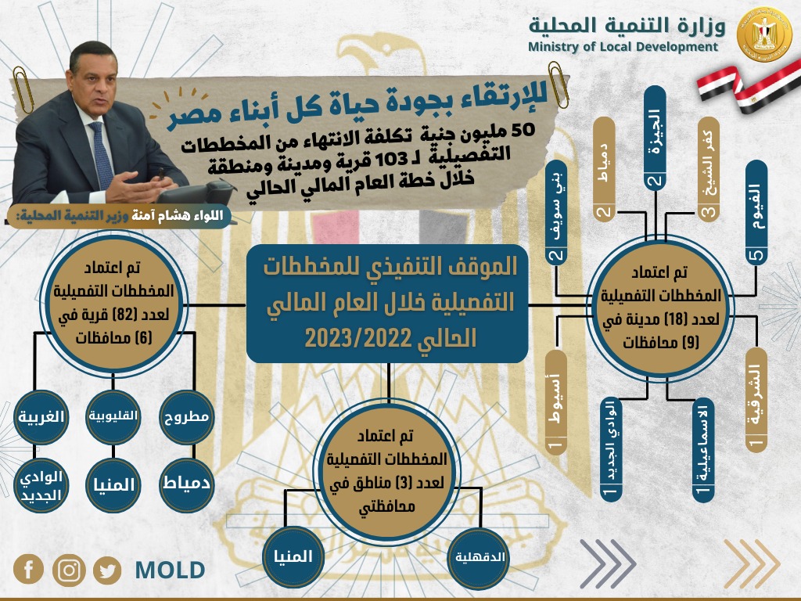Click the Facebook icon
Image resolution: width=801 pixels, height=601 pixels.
pos(28,569)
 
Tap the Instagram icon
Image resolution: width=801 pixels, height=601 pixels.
pos(69,570)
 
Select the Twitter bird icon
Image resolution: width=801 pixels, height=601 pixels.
pos(107,570)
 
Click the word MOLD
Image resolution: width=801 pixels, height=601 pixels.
pos(170,570)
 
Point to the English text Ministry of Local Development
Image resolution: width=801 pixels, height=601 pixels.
pos(623,47)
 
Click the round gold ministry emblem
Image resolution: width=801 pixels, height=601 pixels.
pos(764,34)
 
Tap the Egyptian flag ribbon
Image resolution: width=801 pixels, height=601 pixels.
pos(749,87)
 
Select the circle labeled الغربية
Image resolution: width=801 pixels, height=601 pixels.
pos(41,417)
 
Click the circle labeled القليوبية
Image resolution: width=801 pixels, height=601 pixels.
pos(113,416)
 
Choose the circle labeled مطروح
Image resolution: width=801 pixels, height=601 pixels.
pos(186,416)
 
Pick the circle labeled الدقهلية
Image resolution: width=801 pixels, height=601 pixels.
pos(480,557)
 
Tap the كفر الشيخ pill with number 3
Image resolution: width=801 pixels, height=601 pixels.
pos(709,170)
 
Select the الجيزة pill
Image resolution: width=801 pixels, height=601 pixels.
pos(655,138)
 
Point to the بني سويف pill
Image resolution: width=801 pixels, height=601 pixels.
pos(556,213)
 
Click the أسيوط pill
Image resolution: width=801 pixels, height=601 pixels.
pos(556,403)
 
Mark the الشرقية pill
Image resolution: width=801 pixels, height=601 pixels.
pos(756,401)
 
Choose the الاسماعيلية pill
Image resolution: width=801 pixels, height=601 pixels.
pos(703,450)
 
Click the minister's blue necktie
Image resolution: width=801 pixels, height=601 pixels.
pos(102,156)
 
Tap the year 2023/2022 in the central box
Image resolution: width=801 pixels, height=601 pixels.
pos(390,338)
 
